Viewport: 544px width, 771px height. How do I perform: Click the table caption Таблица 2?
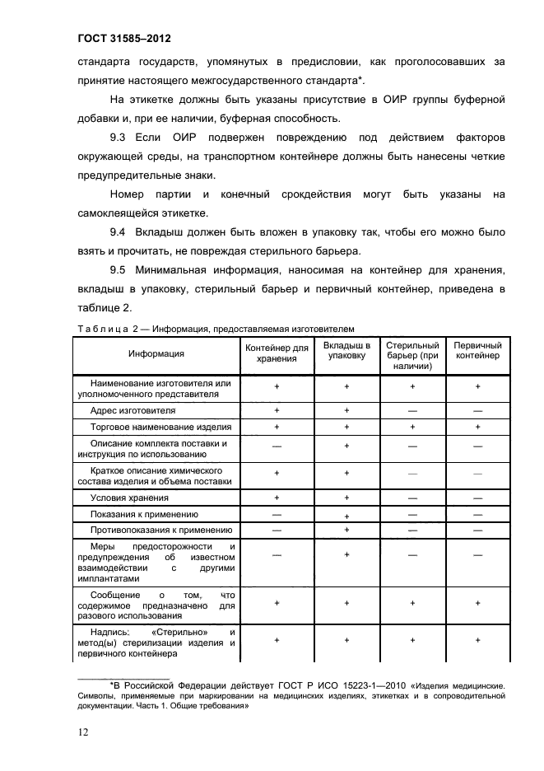(105, 328)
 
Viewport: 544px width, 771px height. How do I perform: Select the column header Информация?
(156, 354)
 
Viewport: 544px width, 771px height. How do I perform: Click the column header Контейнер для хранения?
(277, 354)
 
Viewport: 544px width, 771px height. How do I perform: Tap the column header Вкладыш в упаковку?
(346, 351)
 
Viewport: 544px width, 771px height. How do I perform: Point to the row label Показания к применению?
(146, 514)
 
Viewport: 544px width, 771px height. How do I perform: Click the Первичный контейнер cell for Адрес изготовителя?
(477, 410)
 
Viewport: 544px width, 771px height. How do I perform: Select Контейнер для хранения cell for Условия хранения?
(277, 498)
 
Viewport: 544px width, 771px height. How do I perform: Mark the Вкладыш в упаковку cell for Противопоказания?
(346, 530)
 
